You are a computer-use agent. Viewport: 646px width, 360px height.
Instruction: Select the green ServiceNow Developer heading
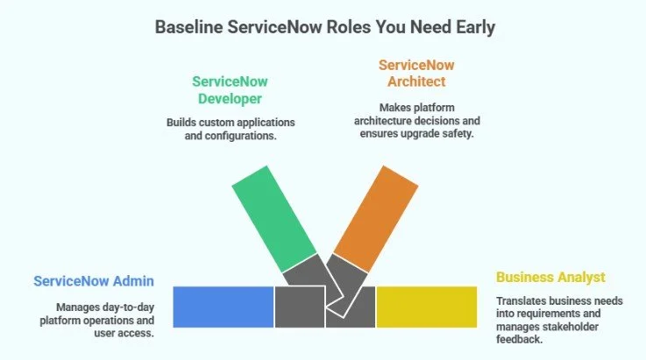pyautogui.click(x=231, y=88)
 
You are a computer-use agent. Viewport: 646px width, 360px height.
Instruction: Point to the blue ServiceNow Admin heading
pyautogui.click(x=94, y=281)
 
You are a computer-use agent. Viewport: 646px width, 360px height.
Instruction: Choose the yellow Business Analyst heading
pyautogui.click(x=550, y=277)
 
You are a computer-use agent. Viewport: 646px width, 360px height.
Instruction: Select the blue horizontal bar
pyautogui.click(x=224, y=307)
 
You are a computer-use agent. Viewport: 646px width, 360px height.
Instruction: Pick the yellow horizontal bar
pyautogui.click(x=426, y=307)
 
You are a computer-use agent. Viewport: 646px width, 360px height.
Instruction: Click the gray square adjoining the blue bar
pyautogui.click(x=299, y=307)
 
